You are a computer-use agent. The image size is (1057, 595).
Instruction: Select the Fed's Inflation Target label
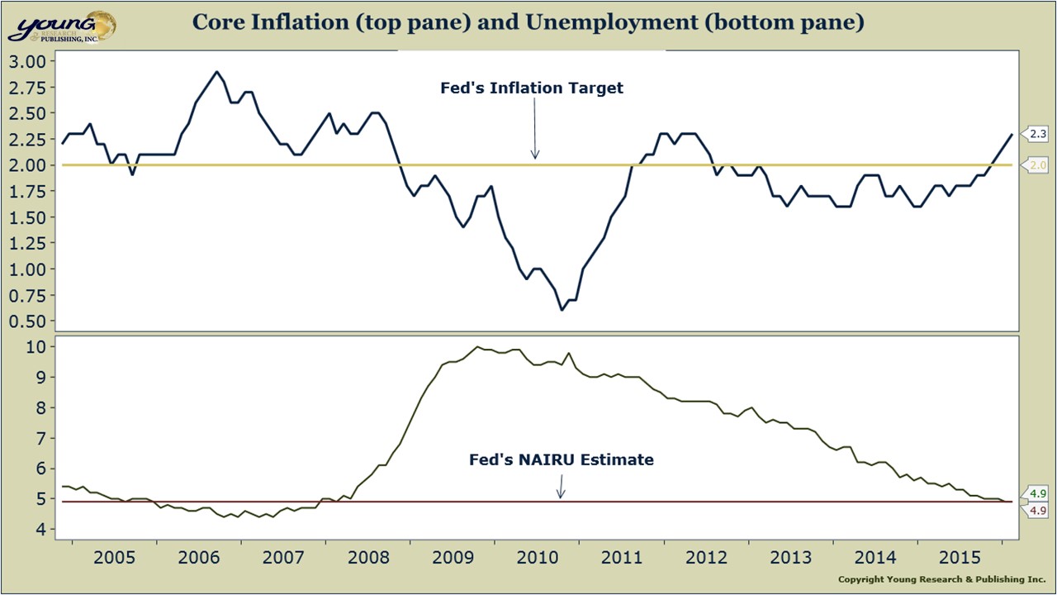532,88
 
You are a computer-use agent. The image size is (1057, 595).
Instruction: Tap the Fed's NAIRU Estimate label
561,460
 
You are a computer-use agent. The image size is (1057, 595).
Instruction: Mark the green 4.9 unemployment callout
1038,494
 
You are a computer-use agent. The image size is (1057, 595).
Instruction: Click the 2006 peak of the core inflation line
217,72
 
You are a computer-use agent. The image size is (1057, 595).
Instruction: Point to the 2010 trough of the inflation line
562,310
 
